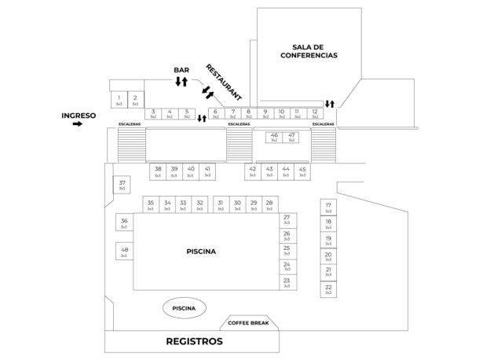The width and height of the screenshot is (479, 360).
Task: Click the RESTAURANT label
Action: [x=223, y=81]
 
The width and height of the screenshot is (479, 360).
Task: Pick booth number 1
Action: [x=119, y=100]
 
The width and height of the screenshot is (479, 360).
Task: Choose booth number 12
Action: [x=316, y=114]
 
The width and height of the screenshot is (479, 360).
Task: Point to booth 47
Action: [x=292, y=138]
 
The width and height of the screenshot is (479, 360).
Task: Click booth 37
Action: [x=122, y=185]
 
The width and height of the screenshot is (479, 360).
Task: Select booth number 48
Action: [x=125, y=252]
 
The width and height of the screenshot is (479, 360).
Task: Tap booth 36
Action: [x=125, y=223]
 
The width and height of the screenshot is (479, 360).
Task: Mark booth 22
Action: [x=328, y=290]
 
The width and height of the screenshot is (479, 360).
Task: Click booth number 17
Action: [x=328, y=208]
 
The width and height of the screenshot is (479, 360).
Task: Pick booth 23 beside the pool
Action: [x=287, y=282]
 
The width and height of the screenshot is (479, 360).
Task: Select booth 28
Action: [x=269, y=204]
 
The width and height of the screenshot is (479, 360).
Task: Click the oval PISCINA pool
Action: [x=184, y=308]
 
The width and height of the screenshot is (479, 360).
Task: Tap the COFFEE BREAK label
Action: [x=248, y=323]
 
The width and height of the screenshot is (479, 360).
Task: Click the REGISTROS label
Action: [x=194, y=342]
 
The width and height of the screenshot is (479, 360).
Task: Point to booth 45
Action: [x=302, y=171]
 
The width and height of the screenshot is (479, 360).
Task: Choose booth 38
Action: [x=158, y=171]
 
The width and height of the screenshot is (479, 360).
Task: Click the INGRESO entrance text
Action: [x=79, y=116]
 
